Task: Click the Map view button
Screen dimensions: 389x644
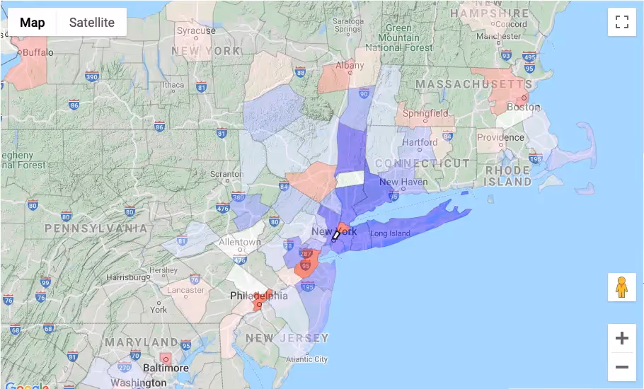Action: [32, 23]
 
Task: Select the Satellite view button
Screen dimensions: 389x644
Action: [91, 23]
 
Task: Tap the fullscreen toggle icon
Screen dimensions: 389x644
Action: [621, 22]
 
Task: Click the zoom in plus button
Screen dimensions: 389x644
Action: [621, 338]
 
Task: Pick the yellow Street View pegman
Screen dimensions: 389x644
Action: [621, 287]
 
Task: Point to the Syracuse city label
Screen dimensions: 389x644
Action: [196, 30]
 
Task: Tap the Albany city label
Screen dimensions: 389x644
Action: [350, 65]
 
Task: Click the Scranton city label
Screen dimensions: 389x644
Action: [227, 174]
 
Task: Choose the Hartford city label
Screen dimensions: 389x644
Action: [419, 141]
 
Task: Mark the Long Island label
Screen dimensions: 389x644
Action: [390, 233]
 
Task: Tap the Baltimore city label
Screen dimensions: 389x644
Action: [166, 368]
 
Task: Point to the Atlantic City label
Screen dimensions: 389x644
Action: [306, 359]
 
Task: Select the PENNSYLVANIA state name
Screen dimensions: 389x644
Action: [96, 228]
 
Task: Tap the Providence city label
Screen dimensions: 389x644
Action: [500, 137]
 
